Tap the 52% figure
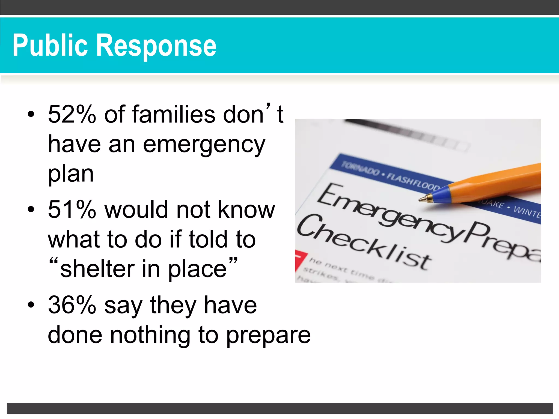[x=72, y=115]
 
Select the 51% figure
[x=72, y=210]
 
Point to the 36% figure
[x=72, y=305]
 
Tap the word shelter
[x=97, y=269]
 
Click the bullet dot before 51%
[x=31, y=209]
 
